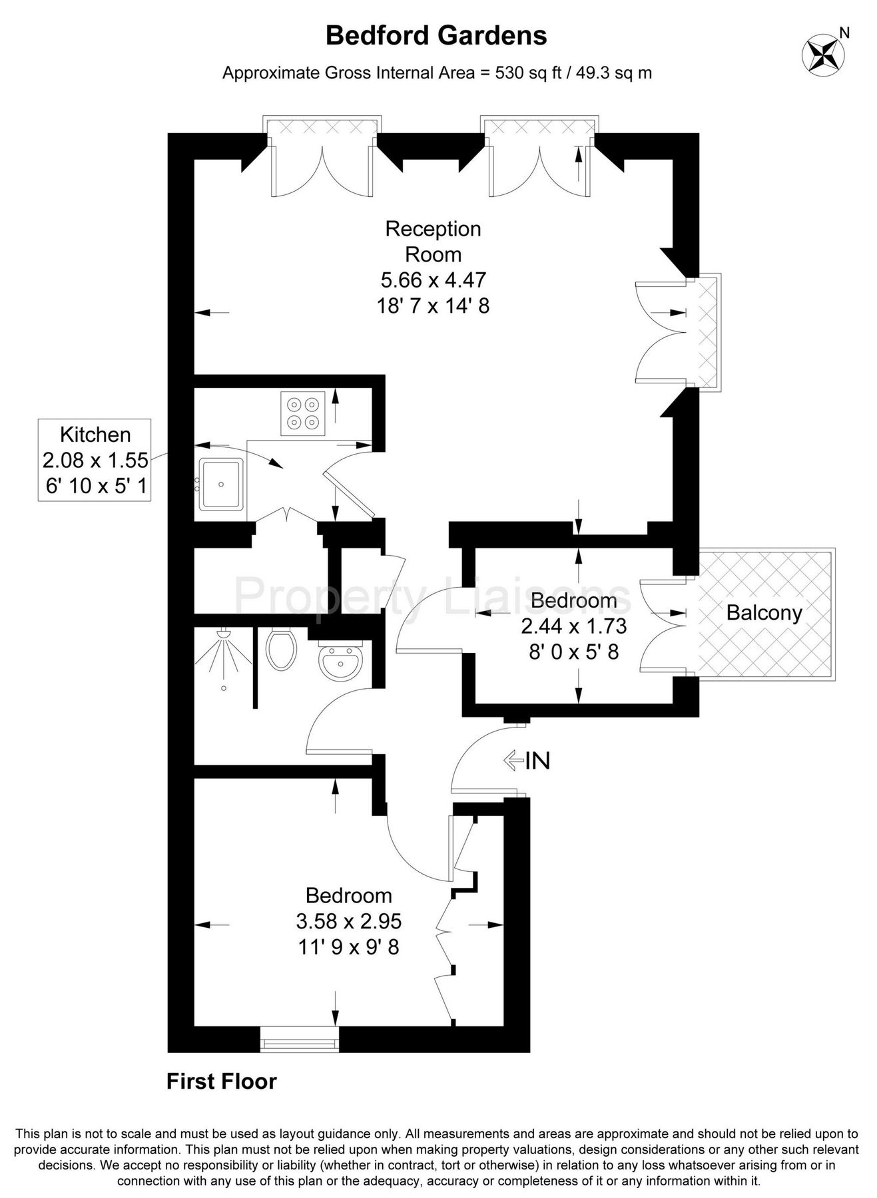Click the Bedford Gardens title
coord(436,36)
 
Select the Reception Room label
coord(433,242)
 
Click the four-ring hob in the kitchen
coord(303,413)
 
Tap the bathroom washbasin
coord(339,660)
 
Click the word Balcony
coord(764,612)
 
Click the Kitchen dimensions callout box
coord(95,460)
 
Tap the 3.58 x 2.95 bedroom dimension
coord(349,921)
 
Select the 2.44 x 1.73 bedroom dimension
coord(573,626)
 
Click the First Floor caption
coord(222,1082)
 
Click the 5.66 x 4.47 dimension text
coord(433,280)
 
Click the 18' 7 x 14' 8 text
coord(433,305)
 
